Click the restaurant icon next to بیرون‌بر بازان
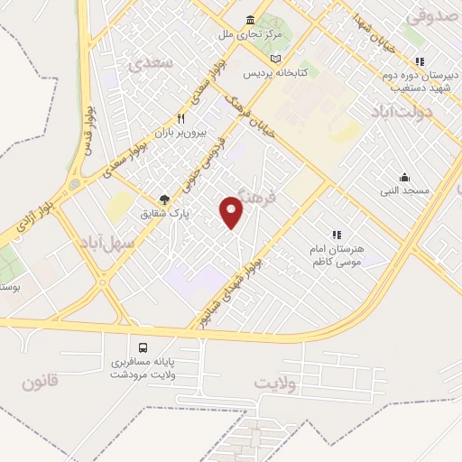click(180, 118)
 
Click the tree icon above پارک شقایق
click(164, 199)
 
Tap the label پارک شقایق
click(162, 216)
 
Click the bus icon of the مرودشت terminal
click(142, 347)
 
